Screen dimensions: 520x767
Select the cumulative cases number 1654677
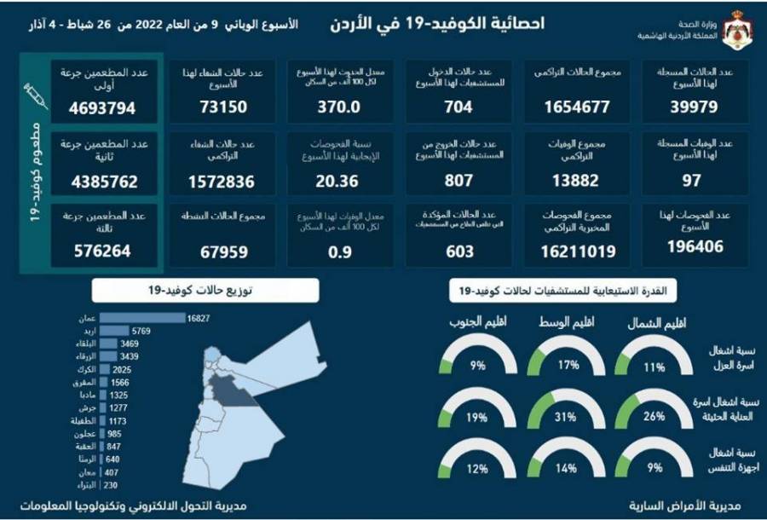pyautogui.click(x=577, y=108)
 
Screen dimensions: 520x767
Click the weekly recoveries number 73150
pyautogui.click(x=218, y=108)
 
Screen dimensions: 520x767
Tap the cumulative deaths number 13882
pyautogui.click(x=577, y=180)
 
